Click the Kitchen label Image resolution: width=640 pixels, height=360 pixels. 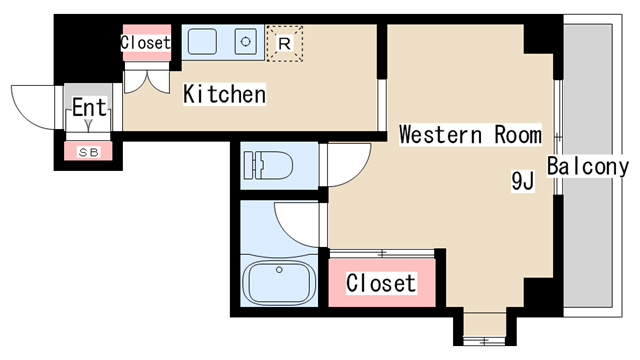click(x=224, y=94)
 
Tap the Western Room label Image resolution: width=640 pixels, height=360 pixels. click(x=470, y=134)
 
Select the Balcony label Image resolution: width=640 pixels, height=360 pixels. click(x=587, y=166)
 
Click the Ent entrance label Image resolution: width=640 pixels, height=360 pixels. click(x=89, y=107)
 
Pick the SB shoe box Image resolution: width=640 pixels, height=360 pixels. click(x=88, y=151)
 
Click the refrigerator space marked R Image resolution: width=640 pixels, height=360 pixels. click(x=284, y=43)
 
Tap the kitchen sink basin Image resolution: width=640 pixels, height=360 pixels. click(x=202, y=41)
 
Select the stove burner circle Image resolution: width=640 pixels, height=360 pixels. click(x=245, y=41)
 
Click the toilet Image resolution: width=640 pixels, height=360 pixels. click(x=268, y=165)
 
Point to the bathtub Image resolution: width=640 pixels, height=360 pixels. click(x=279, y=282)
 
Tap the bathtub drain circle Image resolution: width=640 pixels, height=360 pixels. click(x=279, y=270)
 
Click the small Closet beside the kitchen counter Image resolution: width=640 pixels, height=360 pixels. click(x=147, y=42)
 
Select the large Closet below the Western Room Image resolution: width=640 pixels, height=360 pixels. click(x=382, y=282)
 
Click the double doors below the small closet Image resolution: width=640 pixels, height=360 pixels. click(x=147, y=82)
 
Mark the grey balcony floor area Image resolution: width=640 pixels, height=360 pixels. click(x=588, y=165)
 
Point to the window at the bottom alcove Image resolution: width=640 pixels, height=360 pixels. click(x=484, y=340)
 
